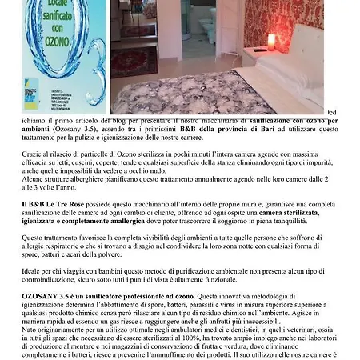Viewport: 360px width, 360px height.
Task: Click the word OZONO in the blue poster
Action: click(x=52, y=42)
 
